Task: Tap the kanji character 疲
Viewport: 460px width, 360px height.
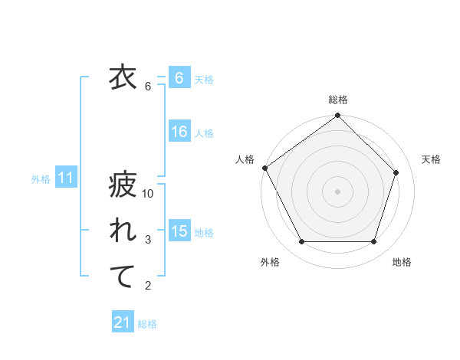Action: pos(122,185)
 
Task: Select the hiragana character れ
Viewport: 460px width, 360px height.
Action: pos(122,231)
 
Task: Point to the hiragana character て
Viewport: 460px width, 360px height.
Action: pos(122,277)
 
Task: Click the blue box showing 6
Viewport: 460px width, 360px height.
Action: pos(179,78)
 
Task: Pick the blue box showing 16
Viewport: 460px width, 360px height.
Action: pos(179,132)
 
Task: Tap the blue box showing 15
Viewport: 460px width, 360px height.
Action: pos(179,231)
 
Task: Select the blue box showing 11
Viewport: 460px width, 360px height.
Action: pos(66,178)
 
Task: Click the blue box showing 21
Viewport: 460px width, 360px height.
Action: pos(123,322)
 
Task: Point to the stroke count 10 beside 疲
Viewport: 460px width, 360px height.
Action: pos(148,195)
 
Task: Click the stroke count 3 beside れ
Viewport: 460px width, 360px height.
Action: pos(148,241)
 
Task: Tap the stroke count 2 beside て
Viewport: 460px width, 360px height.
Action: pos(148,286)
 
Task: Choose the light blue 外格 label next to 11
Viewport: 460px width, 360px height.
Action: pos(41,179)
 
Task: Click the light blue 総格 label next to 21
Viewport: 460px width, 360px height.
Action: pos(147,324)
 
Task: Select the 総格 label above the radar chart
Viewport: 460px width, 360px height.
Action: pos(337,100)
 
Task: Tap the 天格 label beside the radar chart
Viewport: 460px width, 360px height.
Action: pos(432,159)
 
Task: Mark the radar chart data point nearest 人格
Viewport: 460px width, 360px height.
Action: pos(264,168)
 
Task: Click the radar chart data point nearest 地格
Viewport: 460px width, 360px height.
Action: pos(374,242)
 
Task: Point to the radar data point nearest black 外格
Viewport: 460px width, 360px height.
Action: pos(301,242)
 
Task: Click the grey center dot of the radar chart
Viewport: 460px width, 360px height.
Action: pos(337,191)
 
